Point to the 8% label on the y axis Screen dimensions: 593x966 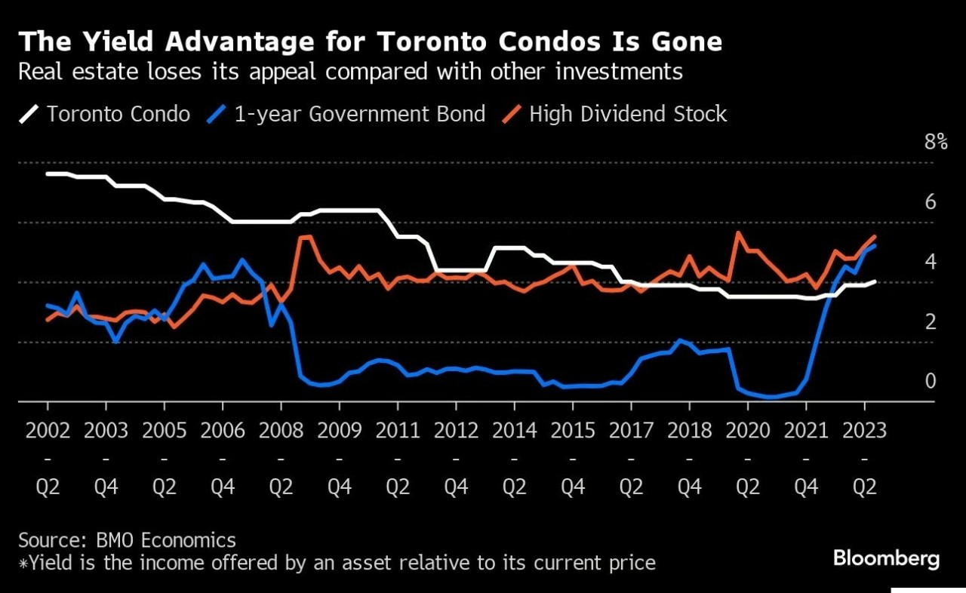point(936,142)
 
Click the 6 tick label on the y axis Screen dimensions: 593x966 point(931,201)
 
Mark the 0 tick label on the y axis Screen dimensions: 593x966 point(931,381)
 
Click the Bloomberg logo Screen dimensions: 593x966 point(886,559)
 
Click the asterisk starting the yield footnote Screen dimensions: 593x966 point(23,563)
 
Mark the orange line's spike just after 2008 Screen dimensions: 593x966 point(306,237)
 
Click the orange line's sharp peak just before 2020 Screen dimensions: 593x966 point(737,233)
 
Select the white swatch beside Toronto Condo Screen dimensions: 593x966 point(28,115)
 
